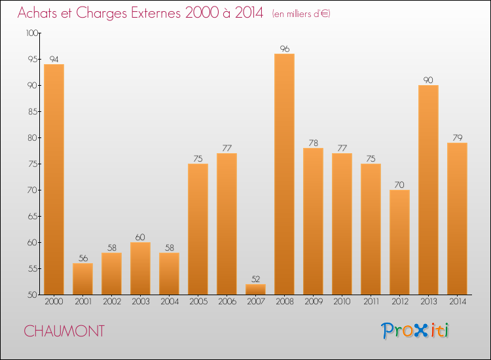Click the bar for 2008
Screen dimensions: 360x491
pos(284,174)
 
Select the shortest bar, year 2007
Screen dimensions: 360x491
pos(255,289)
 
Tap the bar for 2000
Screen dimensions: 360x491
pos(54,179)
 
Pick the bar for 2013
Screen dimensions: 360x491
pos(428,190)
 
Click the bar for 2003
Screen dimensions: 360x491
pos(140,268)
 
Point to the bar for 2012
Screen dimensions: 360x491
pos(399,242)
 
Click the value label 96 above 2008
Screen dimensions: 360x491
pos(284,48)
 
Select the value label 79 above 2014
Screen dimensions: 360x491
pos(457,137)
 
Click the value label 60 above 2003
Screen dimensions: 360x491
pos(140,237)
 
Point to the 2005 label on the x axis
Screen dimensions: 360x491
pos(198,302)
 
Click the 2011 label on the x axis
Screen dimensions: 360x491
pos(371,302)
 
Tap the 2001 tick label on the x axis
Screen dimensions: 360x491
pos(82,302)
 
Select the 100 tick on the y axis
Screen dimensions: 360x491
pos(32,33)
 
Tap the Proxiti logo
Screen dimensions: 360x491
pos(415,331)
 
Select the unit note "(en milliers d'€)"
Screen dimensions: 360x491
pos(300,14)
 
